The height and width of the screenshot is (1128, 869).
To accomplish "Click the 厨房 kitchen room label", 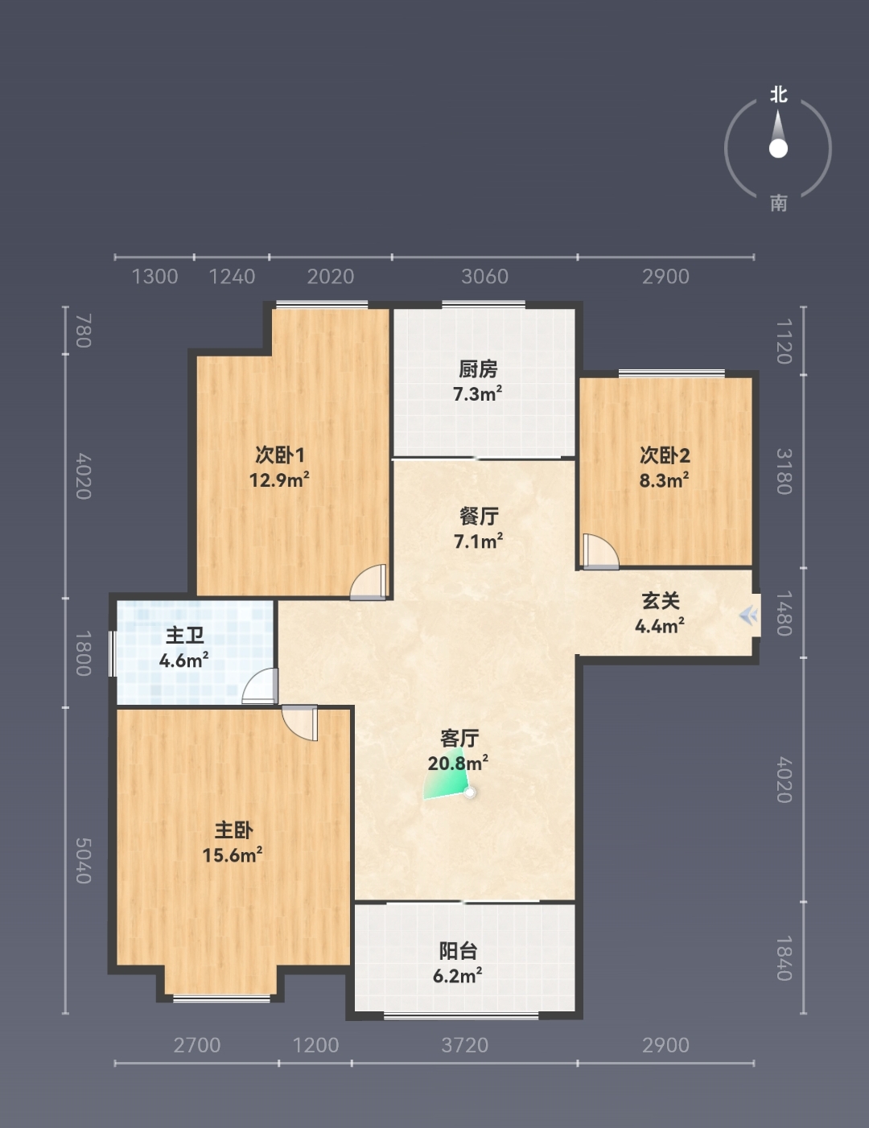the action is (x=478, y=369).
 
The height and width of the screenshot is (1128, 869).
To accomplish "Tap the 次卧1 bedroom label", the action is (x=280, y=455).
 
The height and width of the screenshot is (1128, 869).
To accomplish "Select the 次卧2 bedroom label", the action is (x=665, y=455).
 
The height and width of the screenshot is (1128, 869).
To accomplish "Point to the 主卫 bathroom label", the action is (x=184, y=636).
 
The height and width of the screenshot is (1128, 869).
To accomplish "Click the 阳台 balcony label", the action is (x=458, y=951).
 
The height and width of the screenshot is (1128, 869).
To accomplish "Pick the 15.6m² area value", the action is (x=232, y=854).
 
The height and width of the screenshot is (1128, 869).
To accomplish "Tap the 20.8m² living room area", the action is (x=458, y=763).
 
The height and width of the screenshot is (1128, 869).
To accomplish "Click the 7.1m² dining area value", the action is (x=478, y=541).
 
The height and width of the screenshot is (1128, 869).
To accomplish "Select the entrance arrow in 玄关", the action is (x=748, y=616).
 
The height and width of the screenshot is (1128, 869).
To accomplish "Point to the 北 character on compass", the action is (x=778, y=94).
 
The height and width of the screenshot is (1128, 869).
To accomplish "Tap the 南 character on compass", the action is (x=778, y=203).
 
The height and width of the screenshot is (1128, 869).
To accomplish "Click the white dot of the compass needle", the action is (x=778, y=149).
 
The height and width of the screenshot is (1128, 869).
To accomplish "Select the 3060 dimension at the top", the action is (x=485, y=277).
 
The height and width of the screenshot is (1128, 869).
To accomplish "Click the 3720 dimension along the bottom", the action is (x=464, y=1045).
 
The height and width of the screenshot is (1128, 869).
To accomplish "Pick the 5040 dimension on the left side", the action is (x=84, y=860).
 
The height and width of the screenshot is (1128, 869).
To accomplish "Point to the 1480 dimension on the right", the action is (x=784, y=613).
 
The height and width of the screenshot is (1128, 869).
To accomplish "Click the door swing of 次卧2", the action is (x=600, y=551).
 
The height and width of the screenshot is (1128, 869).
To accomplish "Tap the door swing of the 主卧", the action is (x=299, y=723).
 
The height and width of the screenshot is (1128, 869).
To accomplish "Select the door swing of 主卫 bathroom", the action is (x=260, y=685).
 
